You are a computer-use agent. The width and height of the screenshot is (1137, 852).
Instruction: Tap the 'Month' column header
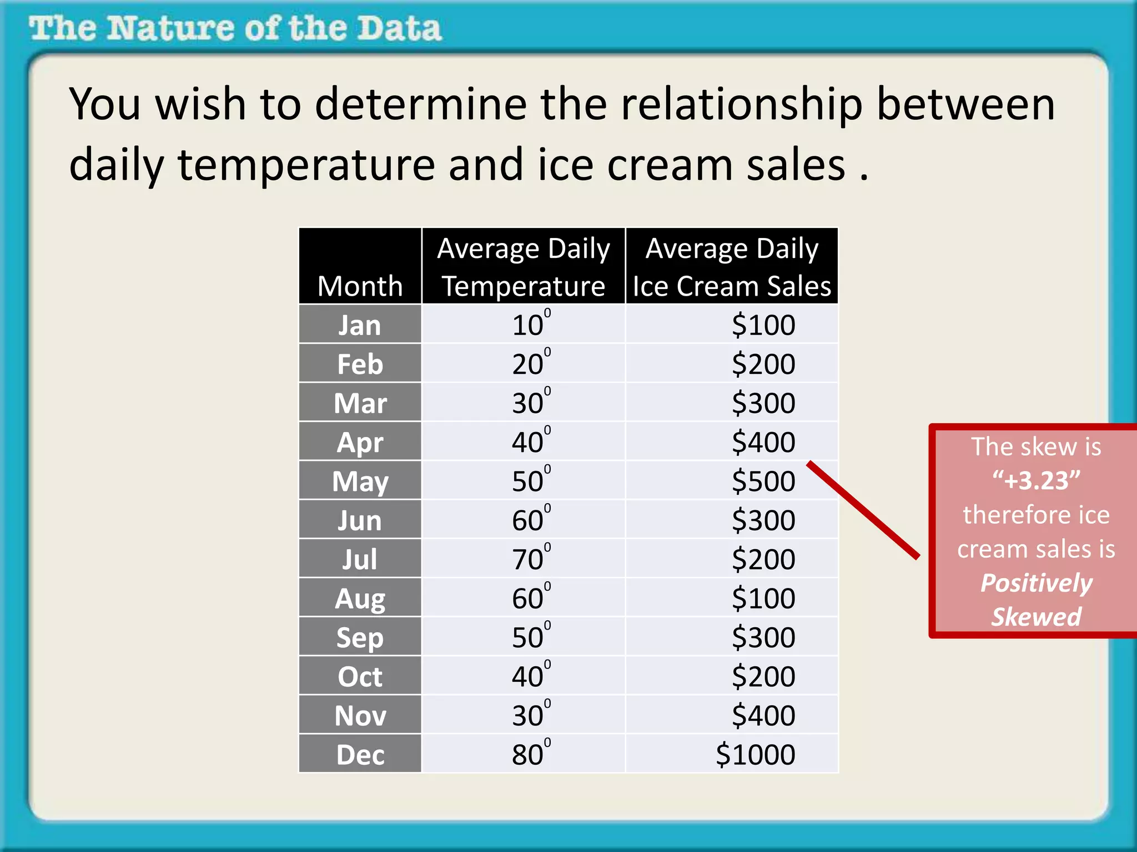click(360, 286)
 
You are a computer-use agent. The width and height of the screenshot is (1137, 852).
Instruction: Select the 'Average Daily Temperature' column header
click(523, 267)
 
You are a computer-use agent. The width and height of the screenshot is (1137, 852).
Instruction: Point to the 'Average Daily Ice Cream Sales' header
click(731, 267)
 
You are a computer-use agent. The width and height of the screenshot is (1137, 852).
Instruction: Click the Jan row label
click(360, 325)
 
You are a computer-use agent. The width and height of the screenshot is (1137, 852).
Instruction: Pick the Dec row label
click(360, 755)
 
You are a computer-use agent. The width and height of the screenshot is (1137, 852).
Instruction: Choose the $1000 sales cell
click(755, 755)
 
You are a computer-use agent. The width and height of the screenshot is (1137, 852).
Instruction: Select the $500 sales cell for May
click(763, 481)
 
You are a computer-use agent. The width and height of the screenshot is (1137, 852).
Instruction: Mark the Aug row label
click(360, 599)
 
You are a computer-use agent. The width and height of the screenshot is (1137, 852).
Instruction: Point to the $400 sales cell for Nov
click(763, 716)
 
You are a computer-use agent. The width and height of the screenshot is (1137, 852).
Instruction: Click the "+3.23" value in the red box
click(1036, 480)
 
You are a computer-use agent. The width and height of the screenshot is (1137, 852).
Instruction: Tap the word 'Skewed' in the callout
click(1036, 617)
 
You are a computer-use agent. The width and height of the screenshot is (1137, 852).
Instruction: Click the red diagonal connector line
click(863, 509)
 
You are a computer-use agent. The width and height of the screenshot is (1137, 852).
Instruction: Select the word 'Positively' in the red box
click(1036, 583)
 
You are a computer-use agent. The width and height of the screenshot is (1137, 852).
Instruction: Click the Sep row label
click(360, 638)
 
